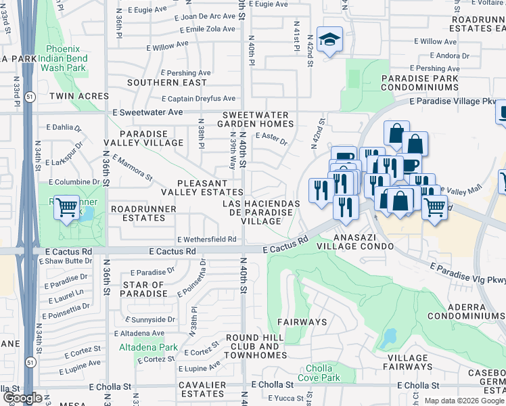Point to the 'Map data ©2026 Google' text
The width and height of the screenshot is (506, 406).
click(463, 401)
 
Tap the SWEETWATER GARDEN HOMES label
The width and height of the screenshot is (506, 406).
click(256, 120)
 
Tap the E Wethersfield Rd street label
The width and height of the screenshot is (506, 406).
click(206, 240)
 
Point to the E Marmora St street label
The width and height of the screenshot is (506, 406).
click(133, 168)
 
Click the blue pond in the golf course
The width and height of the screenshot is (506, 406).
click(390, 336)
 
